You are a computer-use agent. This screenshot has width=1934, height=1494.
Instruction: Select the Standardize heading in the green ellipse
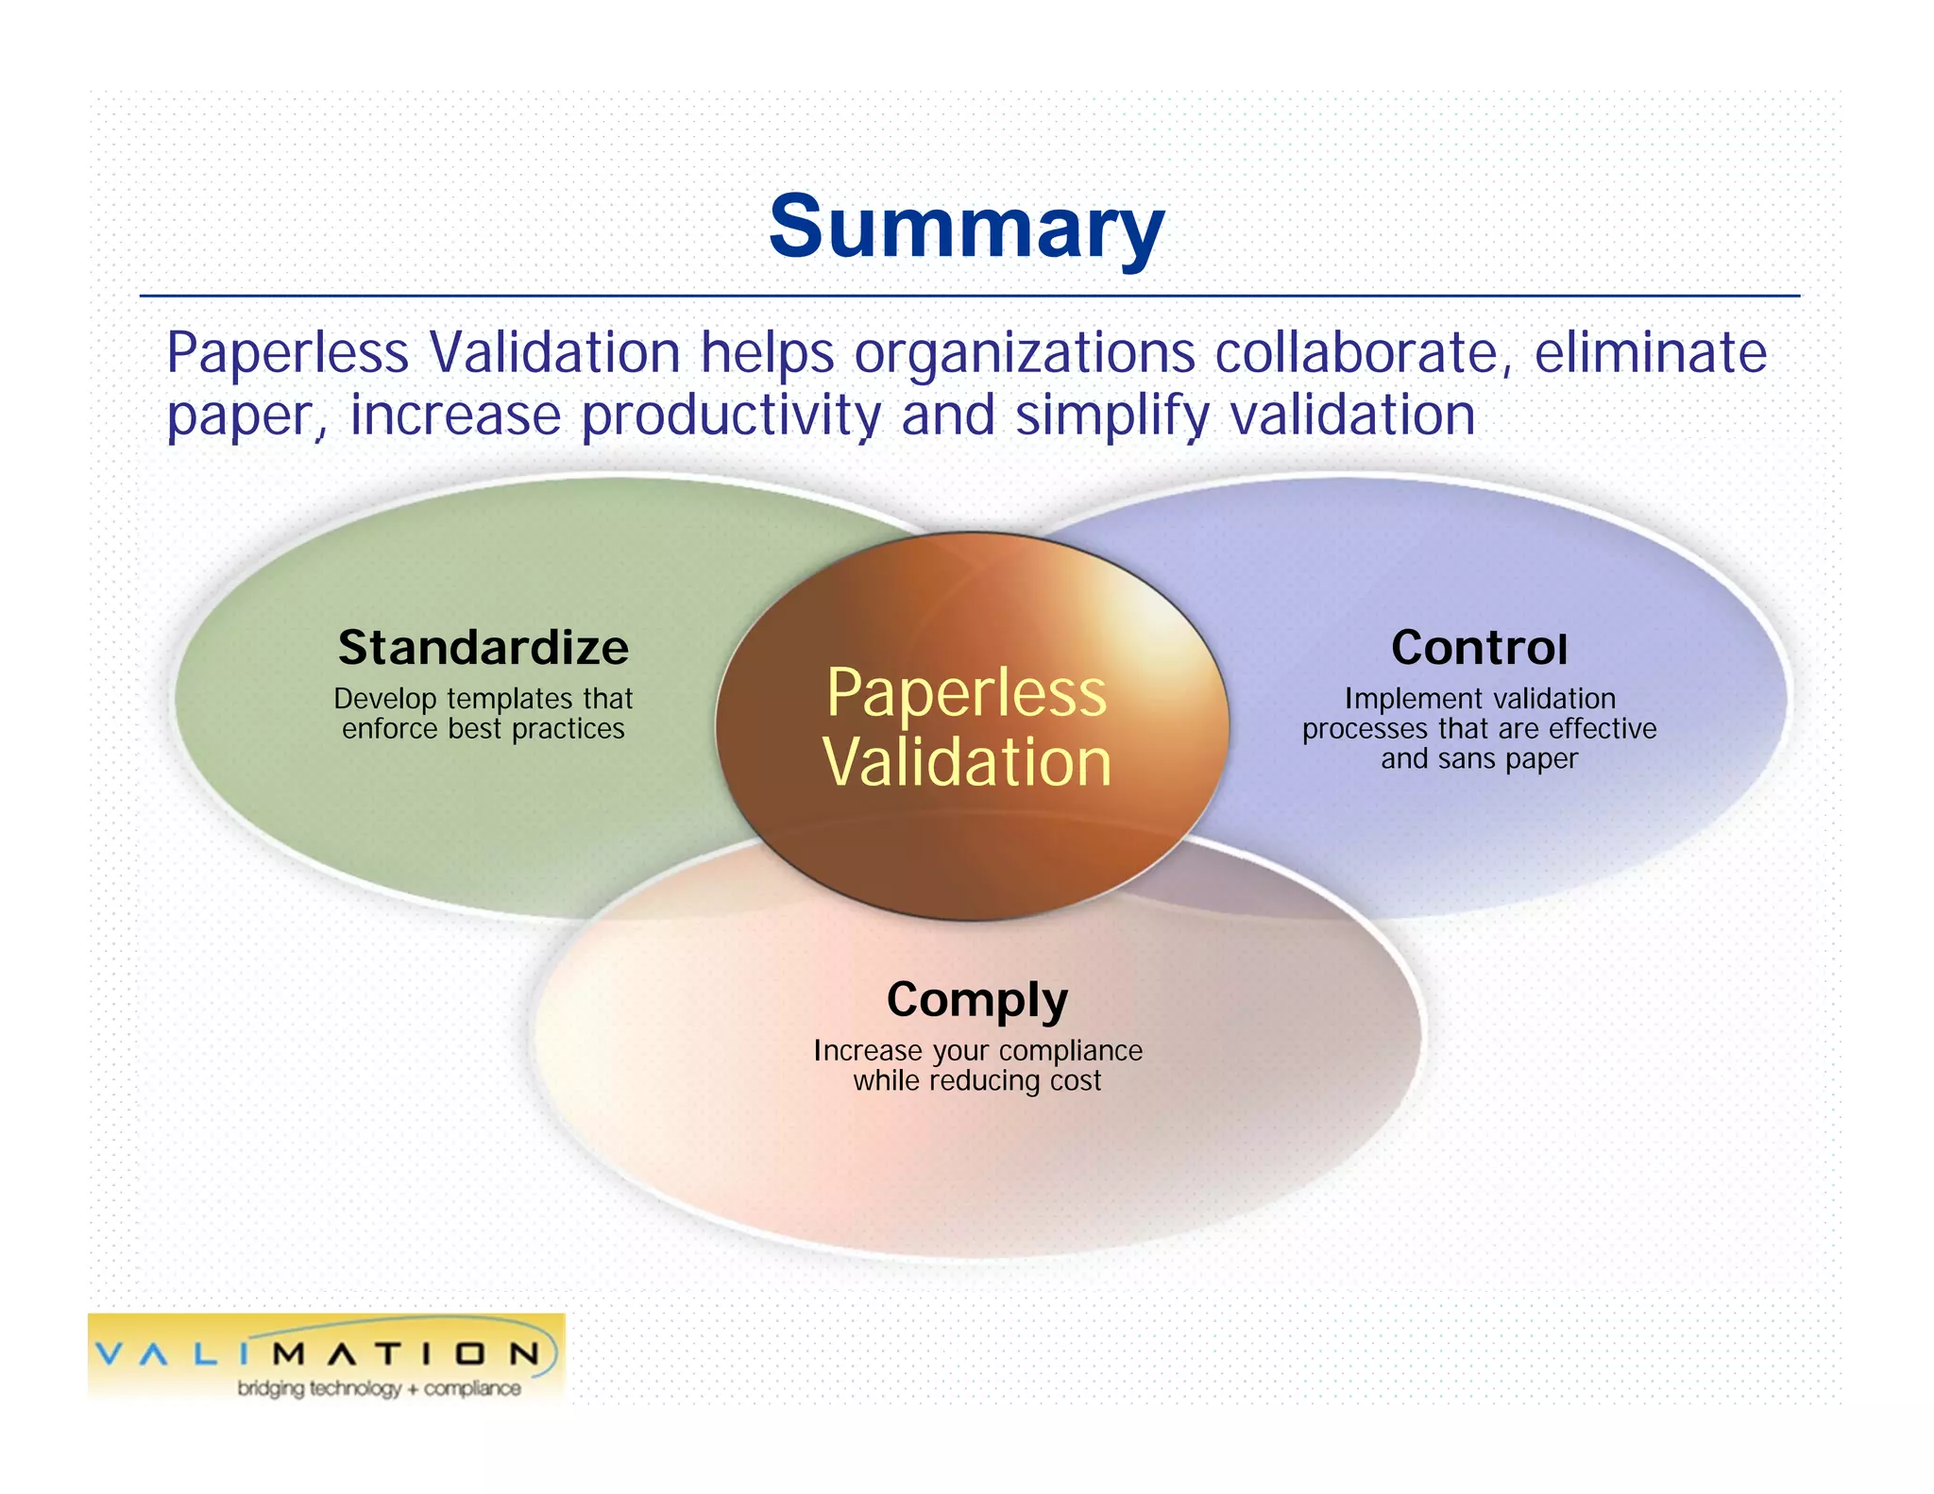tap(483, 648)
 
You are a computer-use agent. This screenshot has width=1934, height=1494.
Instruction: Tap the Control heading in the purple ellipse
tap(1479, 648)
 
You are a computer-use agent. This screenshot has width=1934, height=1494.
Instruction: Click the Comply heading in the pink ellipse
tap(976, 1000)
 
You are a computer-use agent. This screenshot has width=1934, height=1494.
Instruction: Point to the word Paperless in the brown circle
tap(966, 693)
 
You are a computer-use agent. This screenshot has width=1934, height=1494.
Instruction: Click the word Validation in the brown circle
tap(966, 762)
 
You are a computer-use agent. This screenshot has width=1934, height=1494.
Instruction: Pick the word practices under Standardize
tap(568, 729)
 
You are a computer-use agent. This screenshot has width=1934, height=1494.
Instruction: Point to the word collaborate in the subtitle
tap(1357, 353)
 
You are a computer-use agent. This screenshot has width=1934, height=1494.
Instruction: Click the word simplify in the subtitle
tap(1111, 416)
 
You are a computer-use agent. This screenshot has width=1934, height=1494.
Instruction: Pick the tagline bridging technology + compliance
tap(379, 1388)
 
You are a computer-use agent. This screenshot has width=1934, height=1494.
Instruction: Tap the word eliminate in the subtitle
tap(1650, 353)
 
